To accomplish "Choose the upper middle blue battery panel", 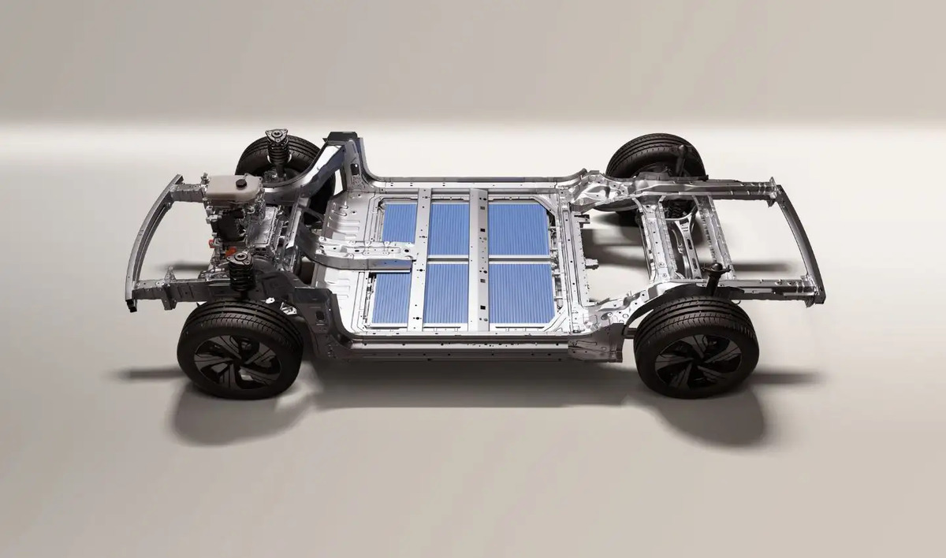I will (449, 228).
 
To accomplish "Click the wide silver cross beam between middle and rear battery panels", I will (478, 260).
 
